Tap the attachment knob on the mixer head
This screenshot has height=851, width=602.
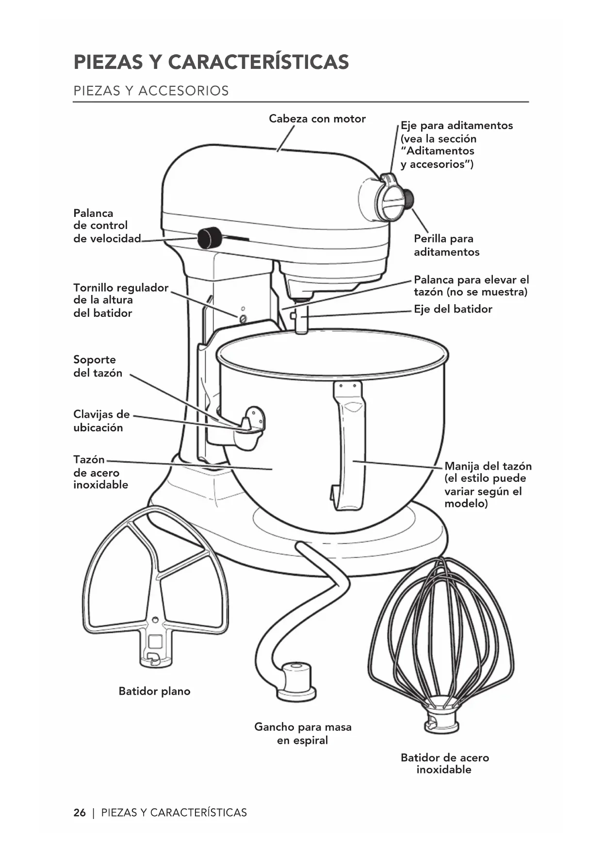pos(408,198)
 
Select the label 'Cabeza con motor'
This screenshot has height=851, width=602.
pos(317,119)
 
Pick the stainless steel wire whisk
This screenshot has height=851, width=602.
pos(441,640)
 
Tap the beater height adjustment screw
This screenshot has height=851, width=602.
pos(243,318)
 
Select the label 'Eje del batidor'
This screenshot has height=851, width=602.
pos(453,309)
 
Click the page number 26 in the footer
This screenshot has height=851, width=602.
pos(80,813)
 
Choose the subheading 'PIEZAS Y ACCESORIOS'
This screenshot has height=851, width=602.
pos(151,91)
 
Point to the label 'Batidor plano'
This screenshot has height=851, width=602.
pos(154,691)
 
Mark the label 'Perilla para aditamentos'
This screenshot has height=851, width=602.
pos(446,245)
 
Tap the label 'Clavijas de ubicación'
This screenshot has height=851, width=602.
pos(101,421)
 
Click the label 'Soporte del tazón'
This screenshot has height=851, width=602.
pos(98,366)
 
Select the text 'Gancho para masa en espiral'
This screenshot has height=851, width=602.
pos(303,734)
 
